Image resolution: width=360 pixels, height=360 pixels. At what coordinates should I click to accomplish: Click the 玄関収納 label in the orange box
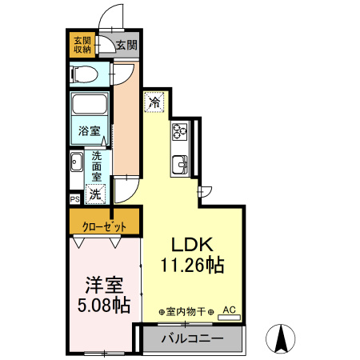point(82,46)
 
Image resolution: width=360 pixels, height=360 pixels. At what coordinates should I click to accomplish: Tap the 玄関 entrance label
point(126,46)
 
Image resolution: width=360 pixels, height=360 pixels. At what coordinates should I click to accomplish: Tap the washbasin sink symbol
point(76,164)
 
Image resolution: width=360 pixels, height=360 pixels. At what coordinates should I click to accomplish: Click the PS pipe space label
point(74,199)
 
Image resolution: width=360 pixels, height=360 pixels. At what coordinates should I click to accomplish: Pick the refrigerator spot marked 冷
point(154,102)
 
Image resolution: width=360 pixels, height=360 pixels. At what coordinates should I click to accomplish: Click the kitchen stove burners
point(178,132)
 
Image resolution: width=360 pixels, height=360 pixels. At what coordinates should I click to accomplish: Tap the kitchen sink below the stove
point(180,165)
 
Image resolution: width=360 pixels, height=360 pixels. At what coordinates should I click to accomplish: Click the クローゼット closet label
point(104,225)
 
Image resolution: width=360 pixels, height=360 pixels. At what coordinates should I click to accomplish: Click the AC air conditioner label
point(229,309)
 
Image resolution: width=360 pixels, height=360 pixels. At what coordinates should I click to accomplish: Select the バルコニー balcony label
point(192,338)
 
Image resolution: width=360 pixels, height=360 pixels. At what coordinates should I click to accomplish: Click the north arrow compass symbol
point(282,338)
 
